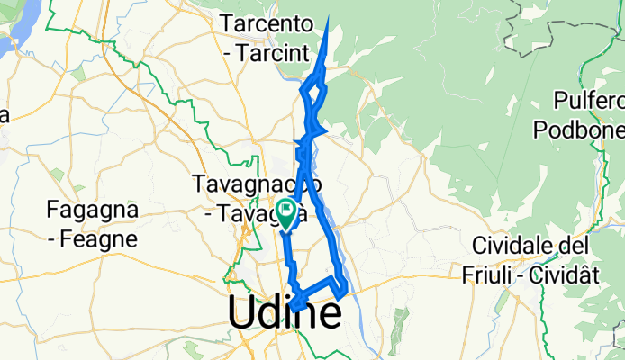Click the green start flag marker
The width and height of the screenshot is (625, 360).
tap(286, 212)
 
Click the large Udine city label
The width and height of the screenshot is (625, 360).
tap(285, 312)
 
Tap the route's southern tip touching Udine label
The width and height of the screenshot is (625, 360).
tap(294, 312)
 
